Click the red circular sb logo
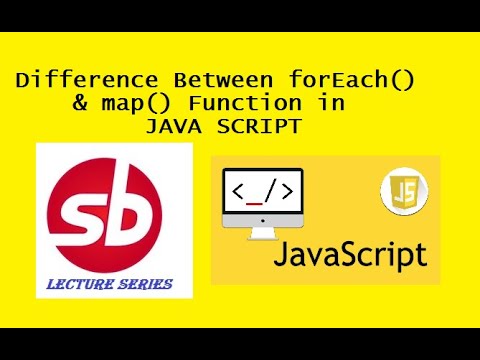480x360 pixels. pos(111,209)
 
